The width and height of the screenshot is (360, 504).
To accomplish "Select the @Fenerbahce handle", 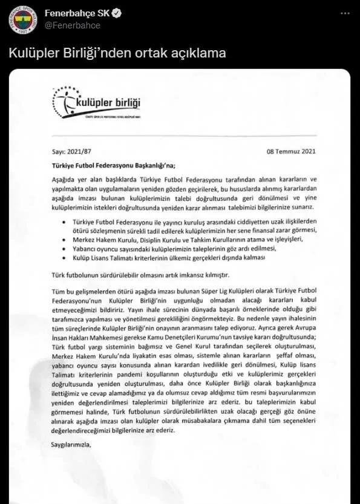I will tap(73, 25).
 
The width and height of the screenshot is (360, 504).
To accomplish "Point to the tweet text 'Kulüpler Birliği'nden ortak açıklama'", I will tap(117, 53).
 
